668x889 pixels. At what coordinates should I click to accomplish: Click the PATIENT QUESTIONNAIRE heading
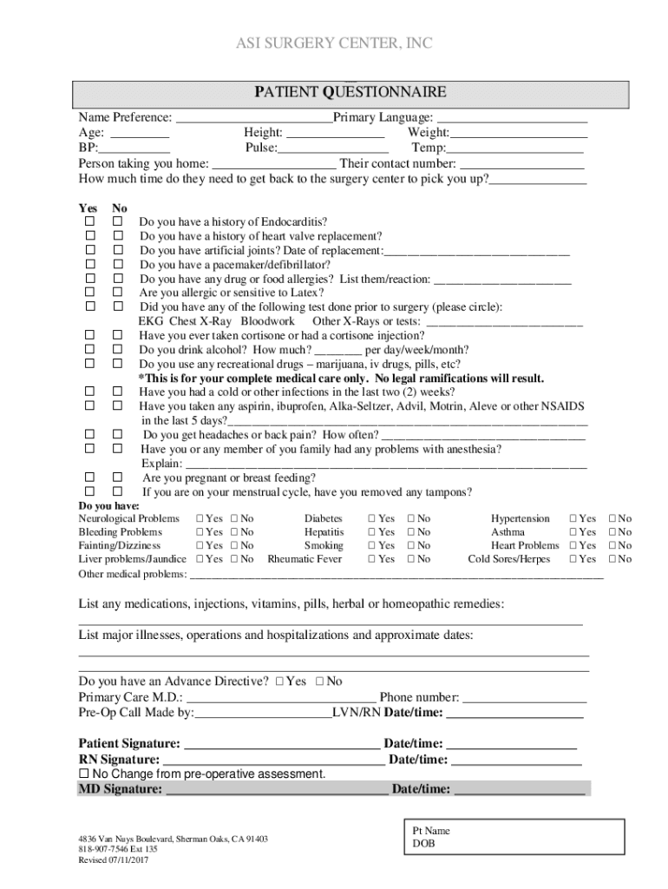tap(350, 92)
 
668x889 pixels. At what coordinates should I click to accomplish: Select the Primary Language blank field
tap(512, 119)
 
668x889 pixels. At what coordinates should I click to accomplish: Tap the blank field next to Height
tap(335, 134)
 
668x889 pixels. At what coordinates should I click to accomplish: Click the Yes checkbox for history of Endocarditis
tap(89, 222)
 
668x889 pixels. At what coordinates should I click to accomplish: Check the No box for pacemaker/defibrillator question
tap(117, 265)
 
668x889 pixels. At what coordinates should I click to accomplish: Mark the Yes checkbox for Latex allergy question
tap(89, 293)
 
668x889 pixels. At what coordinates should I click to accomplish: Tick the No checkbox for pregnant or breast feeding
tap(117, 477)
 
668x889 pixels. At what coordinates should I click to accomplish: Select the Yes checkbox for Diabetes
tap(372, 518)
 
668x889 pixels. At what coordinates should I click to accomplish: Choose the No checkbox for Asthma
tap(613, 532)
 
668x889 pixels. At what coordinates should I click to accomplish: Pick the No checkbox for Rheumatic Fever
tap(411, 560)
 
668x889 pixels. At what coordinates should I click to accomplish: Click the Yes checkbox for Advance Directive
tap(279, 682)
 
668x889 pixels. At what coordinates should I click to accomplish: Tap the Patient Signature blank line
tap(281, 745)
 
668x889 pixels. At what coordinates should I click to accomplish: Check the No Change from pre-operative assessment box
tap(84, 774)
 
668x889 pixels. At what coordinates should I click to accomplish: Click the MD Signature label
tap(120, 789)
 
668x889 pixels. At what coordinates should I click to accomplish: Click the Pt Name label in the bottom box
tap(431, 831)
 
